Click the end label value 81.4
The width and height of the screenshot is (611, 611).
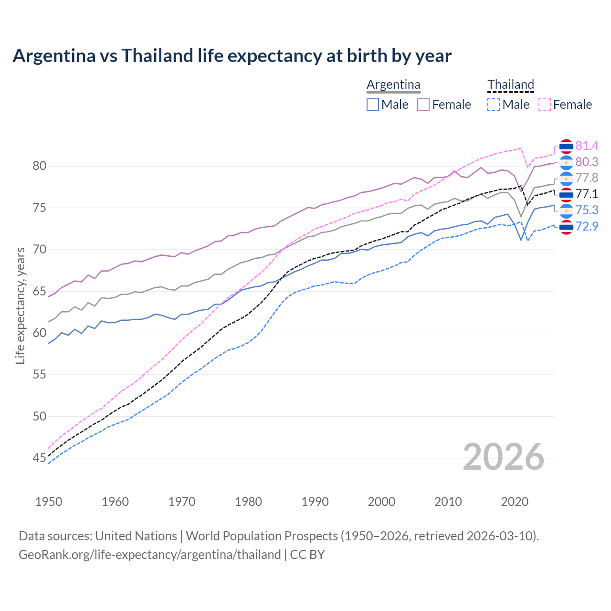click(x=587, y=146)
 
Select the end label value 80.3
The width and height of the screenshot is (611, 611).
click(x=587, y=162)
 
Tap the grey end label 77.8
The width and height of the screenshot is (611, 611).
click(x=587, y=178)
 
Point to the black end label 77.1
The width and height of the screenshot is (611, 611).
click(x=587, y=194)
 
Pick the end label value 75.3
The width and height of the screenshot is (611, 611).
click(x=587, y=210)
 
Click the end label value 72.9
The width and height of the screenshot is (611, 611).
click(x=587, y=226)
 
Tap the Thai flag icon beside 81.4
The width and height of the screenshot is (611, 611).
click(x=566, y=146)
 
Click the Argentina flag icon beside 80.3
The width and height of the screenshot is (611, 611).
click(x=566, y=162)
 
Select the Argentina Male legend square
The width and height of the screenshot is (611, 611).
click(x=373, y=105)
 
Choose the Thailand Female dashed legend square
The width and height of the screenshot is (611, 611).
click(x=545, y=105)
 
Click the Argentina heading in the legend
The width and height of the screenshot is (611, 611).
click(x=393, y=84)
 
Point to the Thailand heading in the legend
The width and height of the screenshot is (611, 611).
click(x=510, y=84)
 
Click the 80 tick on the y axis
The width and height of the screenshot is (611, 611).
click(x=39, y=166)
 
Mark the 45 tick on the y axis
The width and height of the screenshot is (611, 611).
click(x=39, y=458)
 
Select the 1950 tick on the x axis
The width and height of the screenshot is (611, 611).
click(x=49, y=502)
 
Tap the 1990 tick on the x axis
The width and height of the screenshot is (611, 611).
click(x=315, y=502)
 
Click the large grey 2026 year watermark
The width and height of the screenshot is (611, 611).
click(x=503, y=457)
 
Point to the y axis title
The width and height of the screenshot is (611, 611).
click(x=20, y=305)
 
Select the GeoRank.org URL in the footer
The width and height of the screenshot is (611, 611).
click(x=149, y=555)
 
